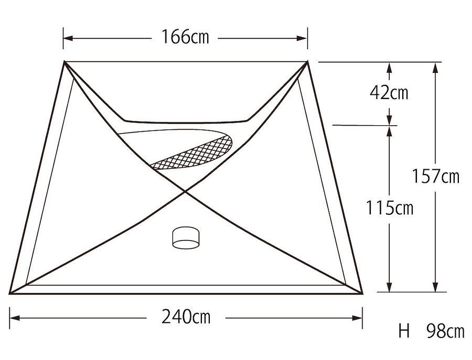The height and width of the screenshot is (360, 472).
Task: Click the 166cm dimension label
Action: [185, 37]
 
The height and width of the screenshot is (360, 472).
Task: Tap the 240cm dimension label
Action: [186, 317]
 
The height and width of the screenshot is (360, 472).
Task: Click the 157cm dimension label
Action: [435, 176]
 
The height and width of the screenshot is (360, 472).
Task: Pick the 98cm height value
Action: [446, 331]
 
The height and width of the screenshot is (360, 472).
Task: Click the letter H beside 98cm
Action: [404, 331]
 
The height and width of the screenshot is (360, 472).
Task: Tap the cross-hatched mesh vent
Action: [192, 152]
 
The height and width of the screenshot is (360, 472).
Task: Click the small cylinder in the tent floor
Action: [186, 237]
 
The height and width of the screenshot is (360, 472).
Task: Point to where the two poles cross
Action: [185, 191]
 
